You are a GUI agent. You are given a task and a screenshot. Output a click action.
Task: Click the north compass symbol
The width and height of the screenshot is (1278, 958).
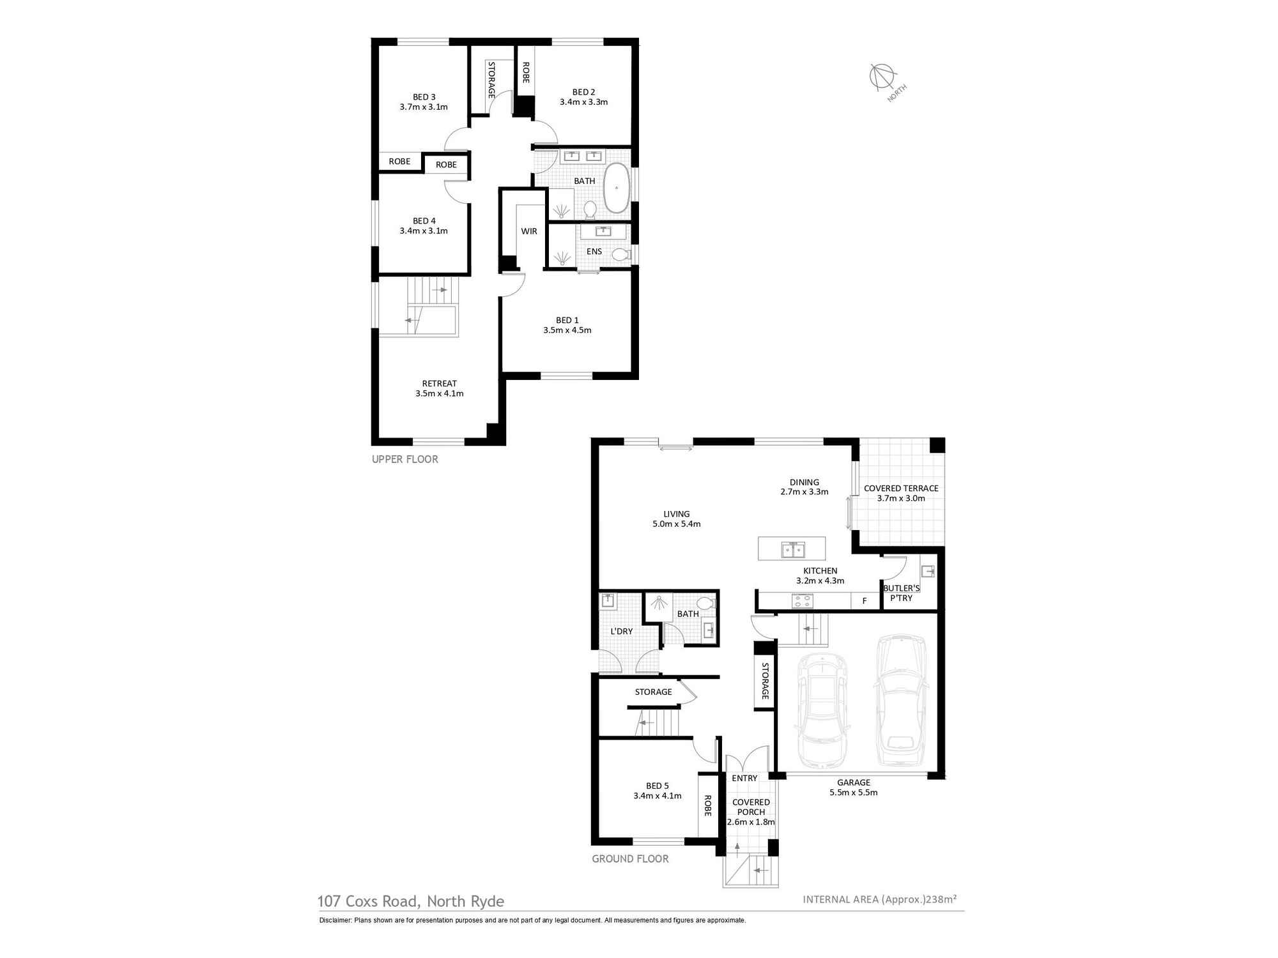coord(881,77)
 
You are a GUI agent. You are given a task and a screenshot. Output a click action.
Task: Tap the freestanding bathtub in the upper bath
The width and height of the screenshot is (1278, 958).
coord(617,188)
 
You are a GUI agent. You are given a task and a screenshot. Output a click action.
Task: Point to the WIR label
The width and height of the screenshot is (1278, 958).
coord(529,231)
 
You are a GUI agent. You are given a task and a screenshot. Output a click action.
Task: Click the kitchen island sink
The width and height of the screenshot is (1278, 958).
coord(793,549)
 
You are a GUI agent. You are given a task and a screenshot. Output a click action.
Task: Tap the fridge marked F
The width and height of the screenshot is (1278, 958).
coord(865,600)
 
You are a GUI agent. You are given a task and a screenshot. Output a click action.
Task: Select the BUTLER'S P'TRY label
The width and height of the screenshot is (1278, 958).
coord(901,593)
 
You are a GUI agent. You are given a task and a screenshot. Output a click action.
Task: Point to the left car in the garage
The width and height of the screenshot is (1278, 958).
coord(822,710)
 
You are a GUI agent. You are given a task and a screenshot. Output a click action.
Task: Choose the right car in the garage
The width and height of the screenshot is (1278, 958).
coord(901,700)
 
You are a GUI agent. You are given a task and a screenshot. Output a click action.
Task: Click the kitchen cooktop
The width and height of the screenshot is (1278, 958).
coord(802,600)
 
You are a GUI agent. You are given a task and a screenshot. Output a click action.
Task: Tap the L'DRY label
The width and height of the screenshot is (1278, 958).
coord(621,631)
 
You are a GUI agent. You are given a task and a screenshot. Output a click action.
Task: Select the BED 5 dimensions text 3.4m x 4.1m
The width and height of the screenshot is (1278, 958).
coord(658,796)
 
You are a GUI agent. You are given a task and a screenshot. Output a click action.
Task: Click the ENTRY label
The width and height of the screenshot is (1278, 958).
coord(744,778)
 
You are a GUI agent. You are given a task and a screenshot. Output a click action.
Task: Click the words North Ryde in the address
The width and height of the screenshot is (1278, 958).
coord(466,901)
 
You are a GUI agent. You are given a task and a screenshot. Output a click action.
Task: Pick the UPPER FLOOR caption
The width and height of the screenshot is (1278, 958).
coord(405,459)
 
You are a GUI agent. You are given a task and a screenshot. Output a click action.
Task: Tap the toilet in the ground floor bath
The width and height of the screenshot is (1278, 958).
coord(705,604)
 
